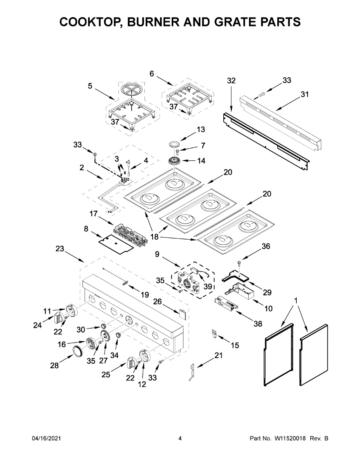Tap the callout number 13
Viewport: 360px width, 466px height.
(200, 130)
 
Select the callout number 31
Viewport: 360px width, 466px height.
(305, 94)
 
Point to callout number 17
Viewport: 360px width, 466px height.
(93, 214)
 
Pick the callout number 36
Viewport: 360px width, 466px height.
(266, 246)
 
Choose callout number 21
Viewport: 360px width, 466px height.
(219, 355)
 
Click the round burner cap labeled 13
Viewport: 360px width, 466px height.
(174, 144)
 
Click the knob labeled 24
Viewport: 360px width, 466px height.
(59, 317)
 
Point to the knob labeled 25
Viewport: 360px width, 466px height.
(131, 364)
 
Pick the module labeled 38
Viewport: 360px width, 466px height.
(226, 302)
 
